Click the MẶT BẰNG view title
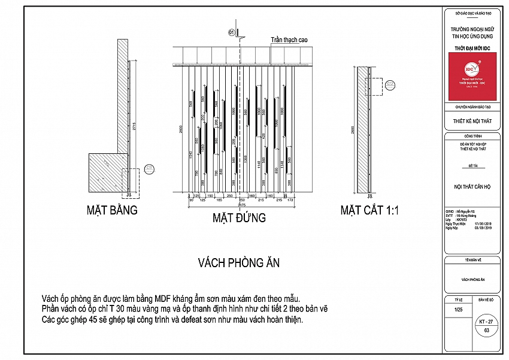(113, 210)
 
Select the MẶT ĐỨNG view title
(239, 217)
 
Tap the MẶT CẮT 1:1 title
(369, 210)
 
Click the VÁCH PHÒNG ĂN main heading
(239, 262)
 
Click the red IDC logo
(472, 75)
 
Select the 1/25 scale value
(459, 310)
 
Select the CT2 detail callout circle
(390, 84)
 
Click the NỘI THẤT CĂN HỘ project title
(472, 187)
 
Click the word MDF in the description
(163, 298)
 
